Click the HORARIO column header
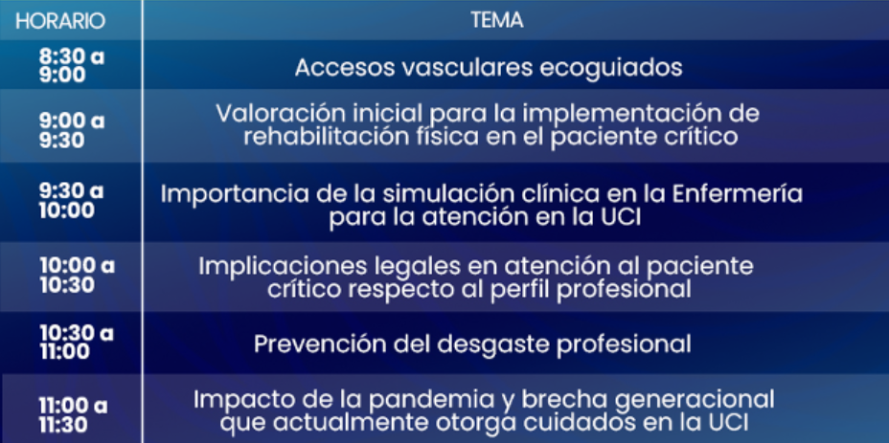coord(60,21)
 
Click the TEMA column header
coord(496,20)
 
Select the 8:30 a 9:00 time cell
coord(72,66)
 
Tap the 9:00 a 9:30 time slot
coord(72,130)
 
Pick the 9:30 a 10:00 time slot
coord(72,201)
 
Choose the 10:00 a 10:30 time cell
coord(77,276)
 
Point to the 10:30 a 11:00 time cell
coord(77,343)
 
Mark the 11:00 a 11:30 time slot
coord(73,414)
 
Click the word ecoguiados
coord(610,69)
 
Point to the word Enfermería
coord(737,193)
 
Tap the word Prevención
coord(313,343)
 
